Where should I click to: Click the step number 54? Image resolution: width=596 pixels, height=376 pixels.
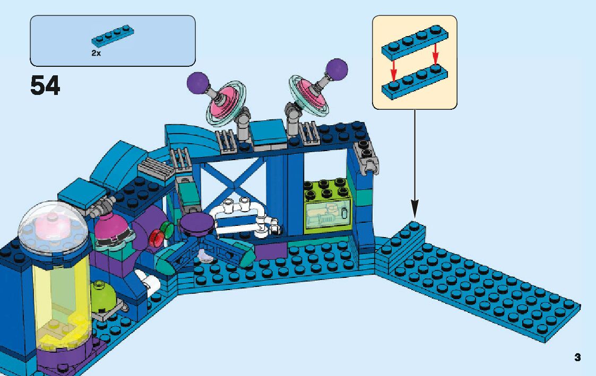pyautogui.click(x=45, y=85)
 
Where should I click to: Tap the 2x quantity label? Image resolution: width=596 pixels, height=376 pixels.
pyautogui.click(x=96, y=54)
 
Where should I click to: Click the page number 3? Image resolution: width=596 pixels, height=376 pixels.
pyautogui.click(x=577, y=357)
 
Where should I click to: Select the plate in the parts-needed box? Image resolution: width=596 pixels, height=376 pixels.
pyautogui.click(x=112, y=35)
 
